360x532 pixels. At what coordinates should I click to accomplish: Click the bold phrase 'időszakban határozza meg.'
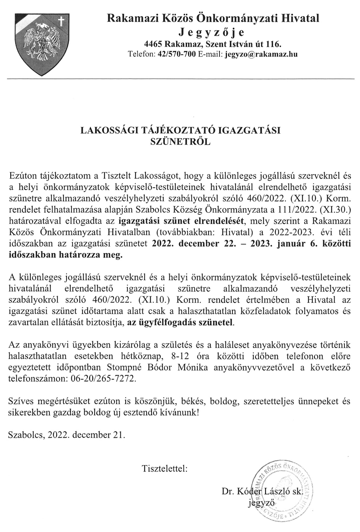(66, 255)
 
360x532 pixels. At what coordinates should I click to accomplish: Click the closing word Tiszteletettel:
(164, 468)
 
